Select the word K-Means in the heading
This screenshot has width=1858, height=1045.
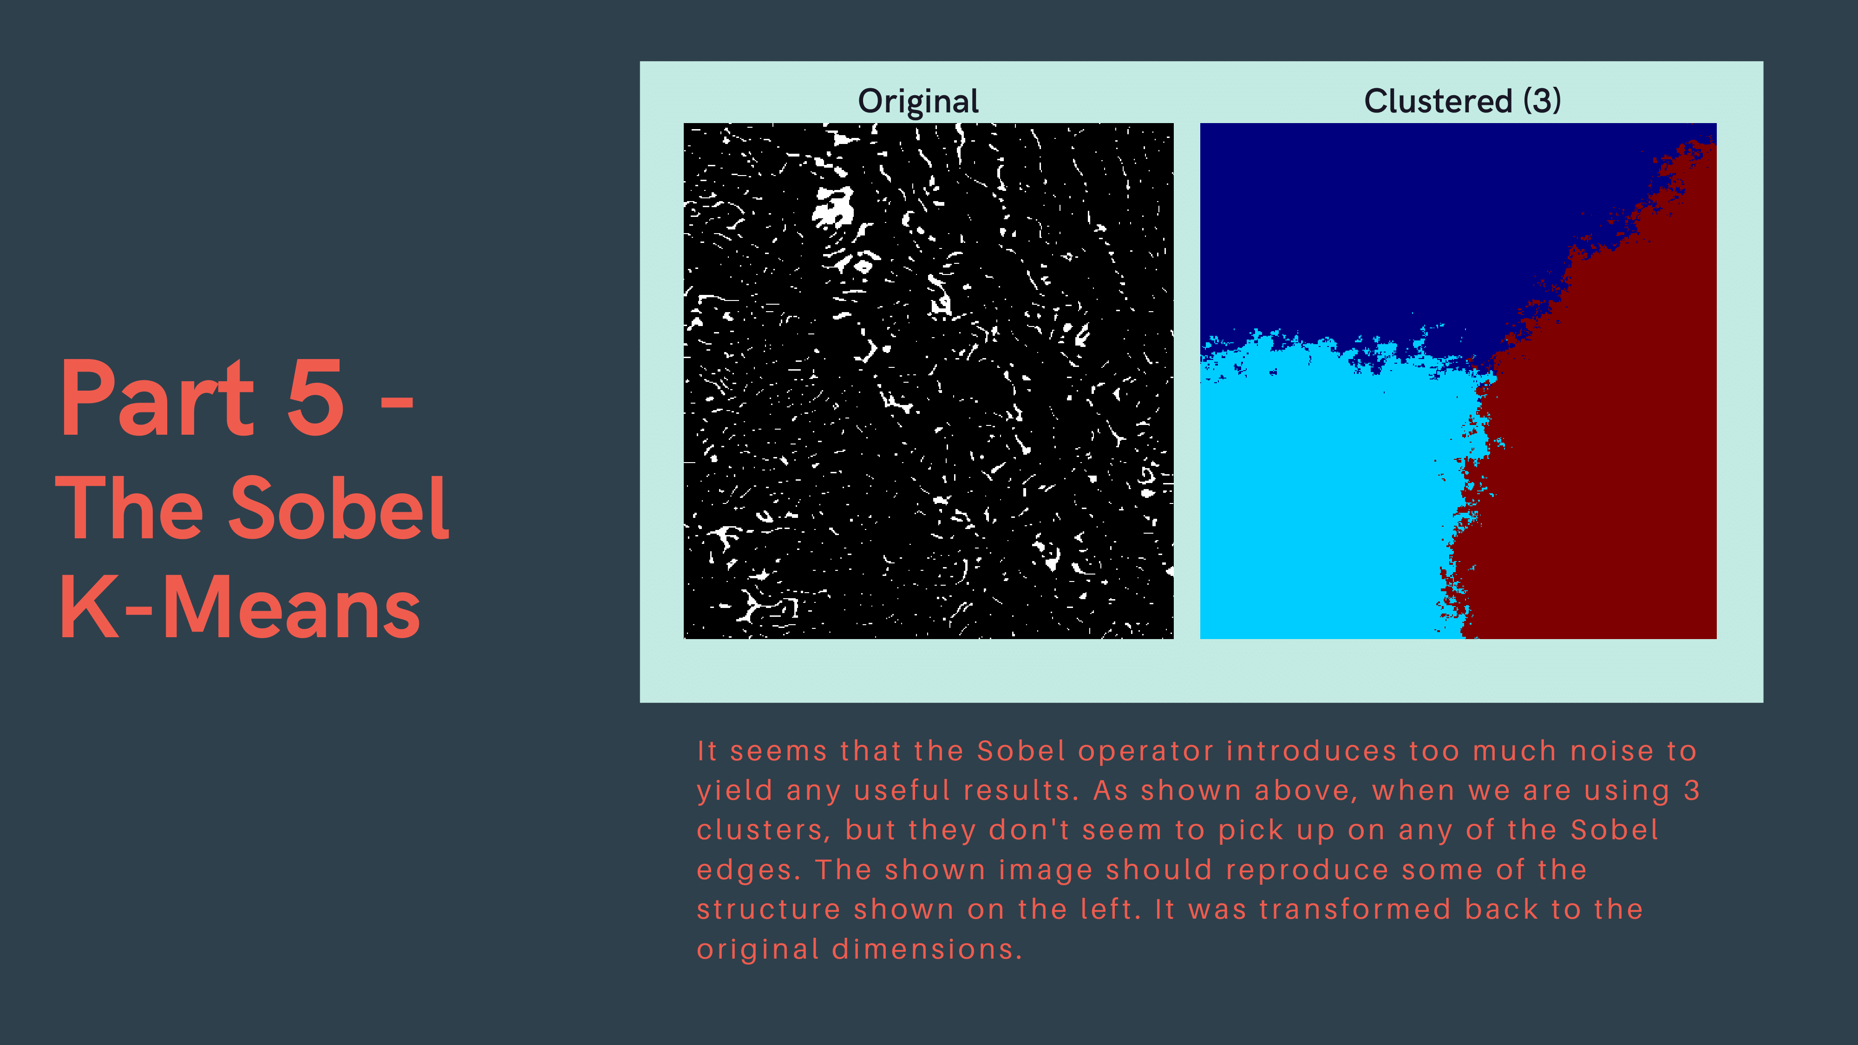[240, 607]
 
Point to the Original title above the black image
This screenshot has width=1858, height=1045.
[918, 101]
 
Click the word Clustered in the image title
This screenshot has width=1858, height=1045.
[1438, 100]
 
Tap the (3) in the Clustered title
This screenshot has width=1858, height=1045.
[1542, 100]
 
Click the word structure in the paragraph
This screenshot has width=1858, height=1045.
[769, 909]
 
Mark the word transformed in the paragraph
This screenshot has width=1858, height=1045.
[1354, 909]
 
